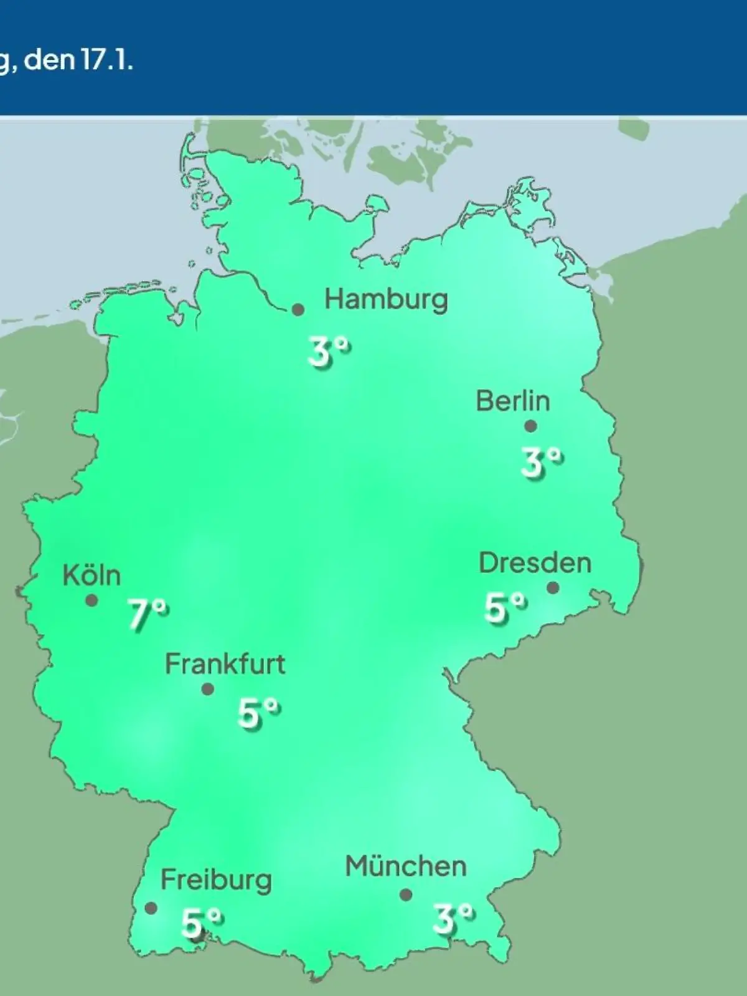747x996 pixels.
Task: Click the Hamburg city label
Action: [x=386, y=300]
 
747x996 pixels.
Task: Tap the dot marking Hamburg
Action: [x=298, y=309]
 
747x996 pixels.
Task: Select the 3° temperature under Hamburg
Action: [x=329, y=352]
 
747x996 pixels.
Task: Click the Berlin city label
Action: [x=513, y=401]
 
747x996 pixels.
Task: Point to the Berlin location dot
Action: [x=530, y=426]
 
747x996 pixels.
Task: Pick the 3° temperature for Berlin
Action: [x=542, y=463]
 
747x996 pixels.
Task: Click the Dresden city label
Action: [x=535, y=563]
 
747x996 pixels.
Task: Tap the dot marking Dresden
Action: [x=553, y=588]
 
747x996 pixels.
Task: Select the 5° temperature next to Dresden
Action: [x=505, y=608]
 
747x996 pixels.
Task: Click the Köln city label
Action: [x=92, y=575]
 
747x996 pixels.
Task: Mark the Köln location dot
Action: [x=92, y=601]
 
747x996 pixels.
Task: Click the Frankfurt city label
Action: [x=225, y=664]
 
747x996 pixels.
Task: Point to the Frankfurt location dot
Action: [x=208, y=689]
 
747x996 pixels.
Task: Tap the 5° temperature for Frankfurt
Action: [x=258, y=713]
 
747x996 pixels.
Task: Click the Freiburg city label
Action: [x=216, y=880]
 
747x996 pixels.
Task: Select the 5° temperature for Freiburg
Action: [x=201, y=923]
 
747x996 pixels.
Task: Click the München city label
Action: [x=406, y=867]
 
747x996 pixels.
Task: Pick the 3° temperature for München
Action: [x=453, y=919]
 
